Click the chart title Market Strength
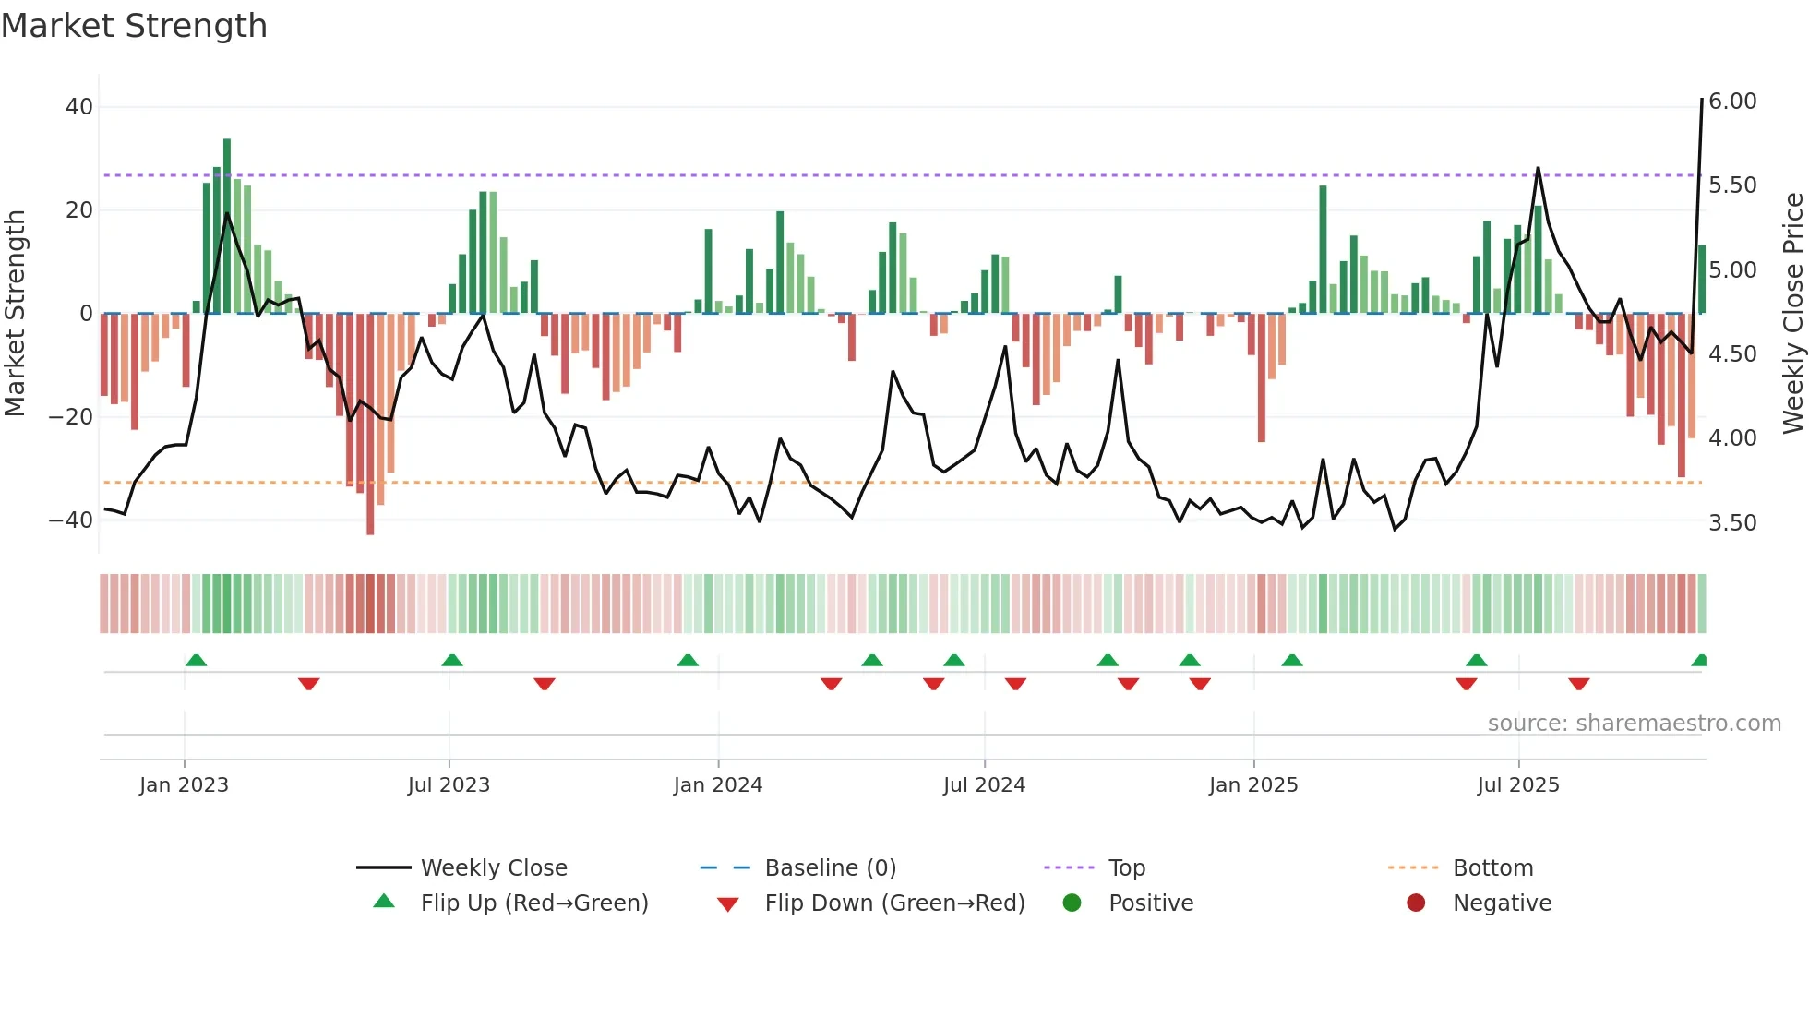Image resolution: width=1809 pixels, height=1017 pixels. click(134, 26)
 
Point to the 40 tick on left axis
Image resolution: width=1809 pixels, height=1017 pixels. click(79, 107)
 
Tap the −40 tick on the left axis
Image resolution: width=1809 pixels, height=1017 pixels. click(71, 520)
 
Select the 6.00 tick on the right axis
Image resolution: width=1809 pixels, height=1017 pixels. click(1732, 102)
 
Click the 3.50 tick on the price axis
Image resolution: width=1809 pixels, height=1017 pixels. click(1732, 523)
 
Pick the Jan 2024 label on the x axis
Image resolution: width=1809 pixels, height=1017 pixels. click(718, 785)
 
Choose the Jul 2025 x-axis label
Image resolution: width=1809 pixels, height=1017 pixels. click(1518, 785)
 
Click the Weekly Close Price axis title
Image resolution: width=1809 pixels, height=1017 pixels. click(1792, 313)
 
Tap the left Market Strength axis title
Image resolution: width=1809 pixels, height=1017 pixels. click(16, 313)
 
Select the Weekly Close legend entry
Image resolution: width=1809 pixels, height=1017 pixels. click(494, 868)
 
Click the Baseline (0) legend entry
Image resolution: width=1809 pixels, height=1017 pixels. click(830, 868)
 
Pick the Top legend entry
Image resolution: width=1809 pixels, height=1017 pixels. click(1126, 868)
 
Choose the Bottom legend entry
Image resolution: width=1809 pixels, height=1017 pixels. click(1492, 868)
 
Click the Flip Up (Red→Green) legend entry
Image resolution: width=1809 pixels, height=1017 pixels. click(534, 903)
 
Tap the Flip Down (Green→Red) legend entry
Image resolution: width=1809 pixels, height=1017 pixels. click(894, 903)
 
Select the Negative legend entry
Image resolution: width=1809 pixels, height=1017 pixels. click(1502, 903)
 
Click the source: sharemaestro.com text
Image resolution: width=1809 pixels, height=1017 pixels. click(1634, 724)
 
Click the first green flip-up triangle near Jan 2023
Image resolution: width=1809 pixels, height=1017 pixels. click(196, 660)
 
